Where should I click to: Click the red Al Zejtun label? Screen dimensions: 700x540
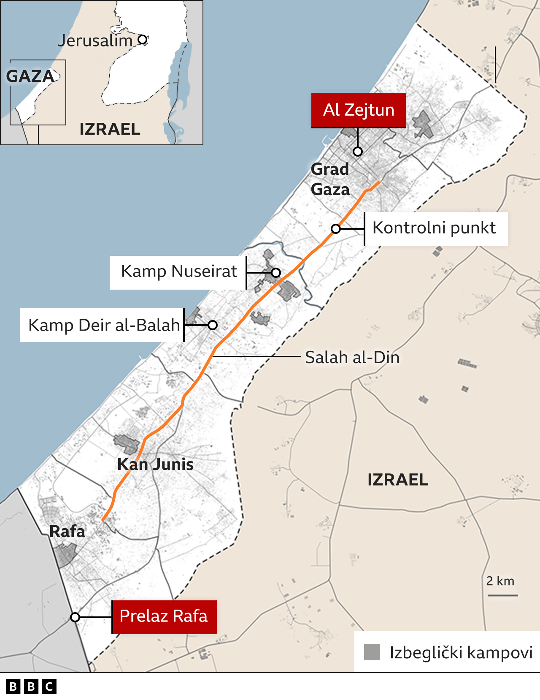(x=359, y=110)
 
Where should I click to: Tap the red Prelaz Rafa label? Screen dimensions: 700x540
(x=164, y=616)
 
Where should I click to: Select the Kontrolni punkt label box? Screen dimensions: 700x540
(x=435, y=228)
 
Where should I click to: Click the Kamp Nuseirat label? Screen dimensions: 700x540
(x=179, y=271)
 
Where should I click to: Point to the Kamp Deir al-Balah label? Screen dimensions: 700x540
(x=104, y=325)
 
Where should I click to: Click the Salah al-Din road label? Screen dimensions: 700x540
(x=352, y=358)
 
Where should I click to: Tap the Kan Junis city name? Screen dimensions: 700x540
(x=155, y=464)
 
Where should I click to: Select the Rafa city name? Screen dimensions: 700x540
(x=67, y=531)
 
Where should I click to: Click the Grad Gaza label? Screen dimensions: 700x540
(x=330, y=179)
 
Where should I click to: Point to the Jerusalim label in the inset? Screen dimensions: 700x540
(x=95, y=41)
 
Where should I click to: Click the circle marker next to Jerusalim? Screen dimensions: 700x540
(x=143, y=40)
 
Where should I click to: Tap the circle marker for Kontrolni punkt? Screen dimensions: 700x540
(x=336, y=229)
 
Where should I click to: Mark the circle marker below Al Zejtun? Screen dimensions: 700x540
(x=358, y=151)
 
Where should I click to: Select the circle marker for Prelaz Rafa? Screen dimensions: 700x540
(x=75, y=617)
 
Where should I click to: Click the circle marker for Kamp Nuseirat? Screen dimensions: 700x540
(x=276, y=272)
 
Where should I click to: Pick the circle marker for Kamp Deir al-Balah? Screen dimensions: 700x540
(x=213, y=325)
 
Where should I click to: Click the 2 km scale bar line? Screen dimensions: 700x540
(x=503, y=595)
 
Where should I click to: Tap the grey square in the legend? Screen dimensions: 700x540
(x=372, y=652)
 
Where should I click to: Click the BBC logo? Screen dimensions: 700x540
(x=31, y=687)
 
